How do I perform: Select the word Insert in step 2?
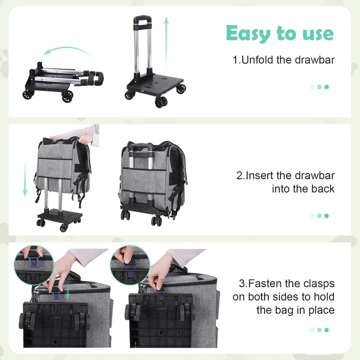click(x=260, y=175)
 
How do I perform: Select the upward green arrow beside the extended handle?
click(x=166, y=41)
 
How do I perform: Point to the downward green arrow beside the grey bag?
click(x=25, y=178)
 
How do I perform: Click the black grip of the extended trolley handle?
click(x=142, y=19)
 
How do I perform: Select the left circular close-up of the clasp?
click(x=34, y=265)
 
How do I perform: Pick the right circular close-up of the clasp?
click(x=130, y=265)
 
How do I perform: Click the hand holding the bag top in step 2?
click(x=85, y=139)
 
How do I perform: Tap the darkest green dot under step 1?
click(x=327, y=87)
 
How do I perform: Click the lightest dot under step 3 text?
click(x=312, y=330)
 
